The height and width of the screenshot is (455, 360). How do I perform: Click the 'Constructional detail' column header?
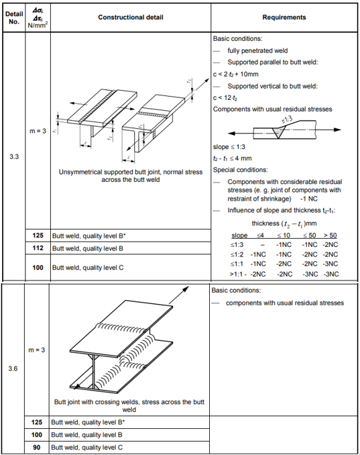pyautogui.click(x=131, y=17)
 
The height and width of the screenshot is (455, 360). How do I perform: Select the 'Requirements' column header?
pyautogui.click(x=284, y=17)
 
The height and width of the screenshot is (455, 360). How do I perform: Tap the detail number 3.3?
pyautogui.click(x=14, y=156)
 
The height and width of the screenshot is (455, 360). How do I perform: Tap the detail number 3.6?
pyautogui.click(x=13, y=368)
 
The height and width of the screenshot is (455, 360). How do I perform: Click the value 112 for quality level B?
pyautogui.click(x=38, y=248)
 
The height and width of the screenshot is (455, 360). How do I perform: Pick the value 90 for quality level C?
pyautogui.click(x=36, y=447)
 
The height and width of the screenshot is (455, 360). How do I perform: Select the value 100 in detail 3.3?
pyautogui.click(x=38, y=267)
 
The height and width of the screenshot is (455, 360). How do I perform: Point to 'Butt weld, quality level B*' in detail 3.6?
pyautogui.click(x=88, y=422)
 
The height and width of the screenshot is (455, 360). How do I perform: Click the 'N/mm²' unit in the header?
pyautogui.click(x=38, y=26)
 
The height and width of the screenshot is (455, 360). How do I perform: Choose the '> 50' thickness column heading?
pyautogui.click(x=330, y=236)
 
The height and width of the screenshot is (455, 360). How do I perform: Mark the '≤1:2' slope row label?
pyautogui.click(x=237, y=254)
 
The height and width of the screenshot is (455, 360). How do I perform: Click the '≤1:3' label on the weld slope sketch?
pyautogui.click(x=287, y=119)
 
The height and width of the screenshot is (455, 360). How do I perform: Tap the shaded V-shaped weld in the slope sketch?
pyautogui.click(x=278, y=132)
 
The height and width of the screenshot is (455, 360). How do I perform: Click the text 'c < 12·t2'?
pyautogui.click(x=225, y=98)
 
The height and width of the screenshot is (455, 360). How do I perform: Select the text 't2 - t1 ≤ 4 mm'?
pyautogui.click(x=233, y=158)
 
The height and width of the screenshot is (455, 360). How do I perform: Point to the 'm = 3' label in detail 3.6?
pyautogui.click(x=36, y=350)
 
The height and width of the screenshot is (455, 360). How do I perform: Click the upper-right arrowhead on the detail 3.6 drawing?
pyautogui.click(x=186, y=289)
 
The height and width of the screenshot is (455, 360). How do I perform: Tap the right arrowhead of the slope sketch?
pyautogui.click(x=337, y=130)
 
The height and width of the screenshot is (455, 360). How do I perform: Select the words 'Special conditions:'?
pyautogui.click(x=241, y=170)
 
